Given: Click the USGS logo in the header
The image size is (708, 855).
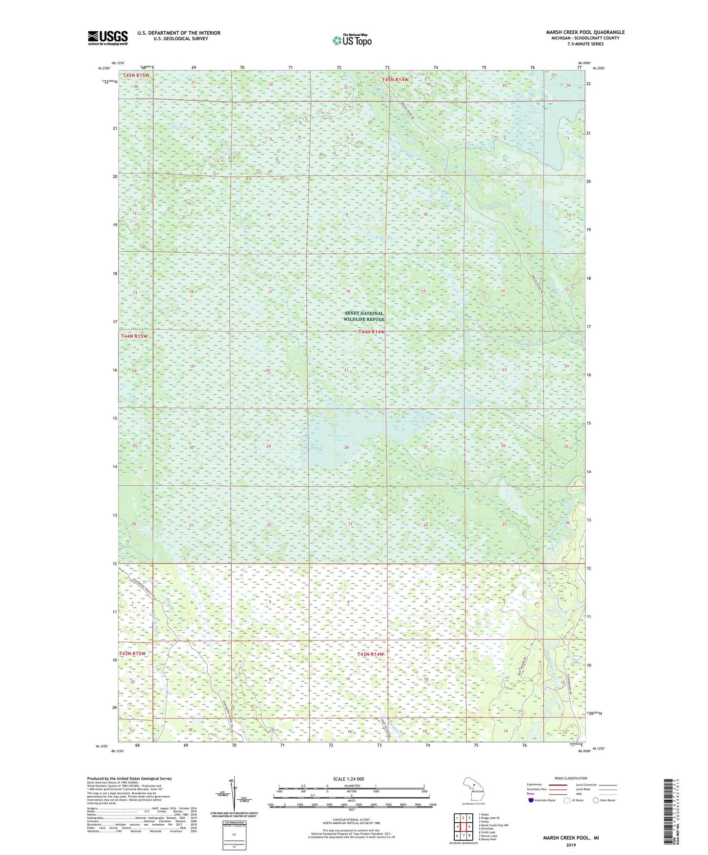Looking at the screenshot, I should point(108,38).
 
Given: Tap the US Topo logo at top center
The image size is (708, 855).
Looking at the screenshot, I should point(351,40).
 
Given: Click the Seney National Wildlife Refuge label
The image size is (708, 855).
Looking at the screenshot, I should point(364,316).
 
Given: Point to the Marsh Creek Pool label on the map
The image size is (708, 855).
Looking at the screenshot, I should point(339,438).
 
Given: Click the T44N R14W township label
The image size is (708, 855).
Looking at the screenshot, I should point(371,332).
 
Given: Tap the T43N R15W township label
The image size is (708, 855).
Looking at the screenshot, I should point(132,654).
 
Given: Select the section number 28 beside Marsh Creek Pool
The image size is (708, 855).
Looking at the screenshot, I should point(346,448).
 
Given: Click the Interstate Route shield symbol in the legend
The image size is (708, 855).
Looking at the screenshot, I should point(531,800).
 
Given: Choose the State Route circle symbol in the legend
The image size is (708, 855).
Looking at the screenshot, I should point(596,800).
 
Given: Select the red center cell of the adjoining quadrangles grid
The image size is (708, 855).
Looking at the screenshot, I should point(463,827).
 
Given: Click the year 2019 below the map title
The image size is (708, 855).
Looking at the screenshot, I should point(571,845).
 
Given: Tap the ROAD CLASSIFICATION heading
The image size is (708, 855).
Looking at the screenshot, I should point(571,778).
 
